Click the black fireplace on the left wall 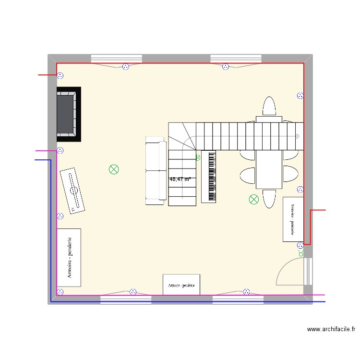[69, 114]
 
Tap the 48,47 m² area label [180, 179]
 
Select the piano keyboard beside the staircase [209, 177]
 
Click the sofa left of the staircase [156, 170]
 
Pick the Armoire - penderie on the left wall [69, 258]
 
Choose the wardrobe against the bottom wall [181, 285]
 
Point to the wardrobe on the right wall [293, 219]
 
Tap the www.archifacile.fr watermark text [331, 329]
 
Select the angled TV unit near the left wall [72, 191]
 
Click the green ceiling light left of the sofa [114, 169]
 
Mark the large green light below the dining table [254, 199]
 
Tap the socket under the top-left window [126, 67]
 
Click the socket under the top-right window [226, 67]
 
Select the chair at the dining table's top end [269, 106]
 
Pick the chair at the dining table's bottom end [269, 199]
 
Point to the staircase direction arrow [298, 136]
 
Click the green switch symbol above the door [301, 253]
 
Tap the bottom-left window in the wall [126, 300]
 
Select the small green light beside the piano [198, 157]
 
